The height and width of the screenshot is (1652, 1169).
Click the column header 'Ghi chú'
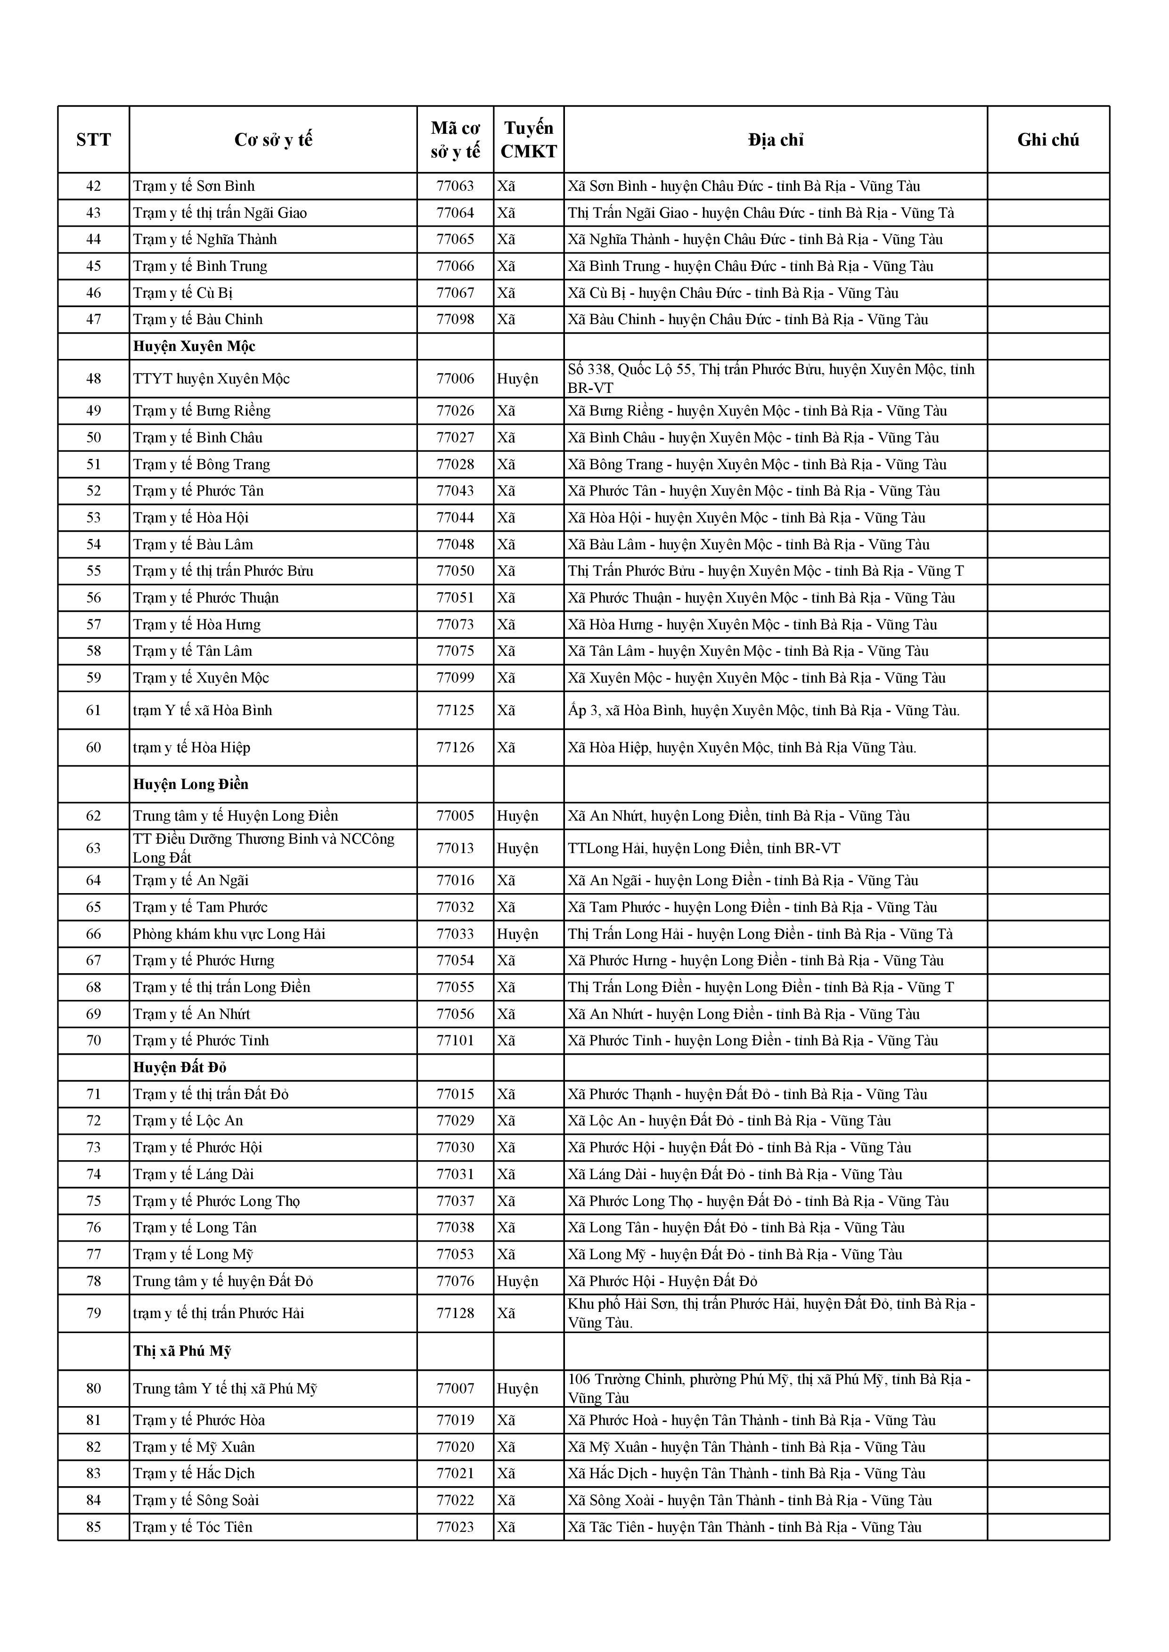pyautogui.click(x=1047, y=139)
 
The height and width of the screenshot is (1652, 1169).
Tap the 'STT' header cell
pyautogui.click(x=94, y=139)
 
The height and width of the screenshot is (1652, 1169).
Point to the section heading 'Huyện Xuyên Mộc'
pyautogui.click(x=194, y=347)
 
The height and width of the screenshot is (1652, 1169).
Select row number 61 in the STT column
pyautogui.click(x=94, y=711)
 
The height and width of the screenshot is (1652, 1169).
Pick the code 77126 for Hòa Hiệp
pyautogui.click(x=455, y=748)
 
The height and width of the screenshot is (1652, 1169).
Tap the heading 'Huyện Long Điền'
pyautogui.click(x=191, y=784)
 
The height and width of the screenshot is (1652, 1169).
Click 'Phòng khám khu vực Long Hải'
pyautogui.click(x=229, y=934)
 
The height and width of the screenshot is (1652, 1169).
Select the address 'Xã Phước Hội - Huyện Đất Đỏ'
pyautogui.click(x=662, y=1281)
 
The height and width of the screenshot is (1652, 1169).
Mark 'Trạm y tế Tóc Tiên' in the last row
pyautogui.click(x=193, y=1527)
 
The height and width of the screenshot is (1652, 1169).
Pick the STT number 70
pyautogui.click(x=94, y=1041)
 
